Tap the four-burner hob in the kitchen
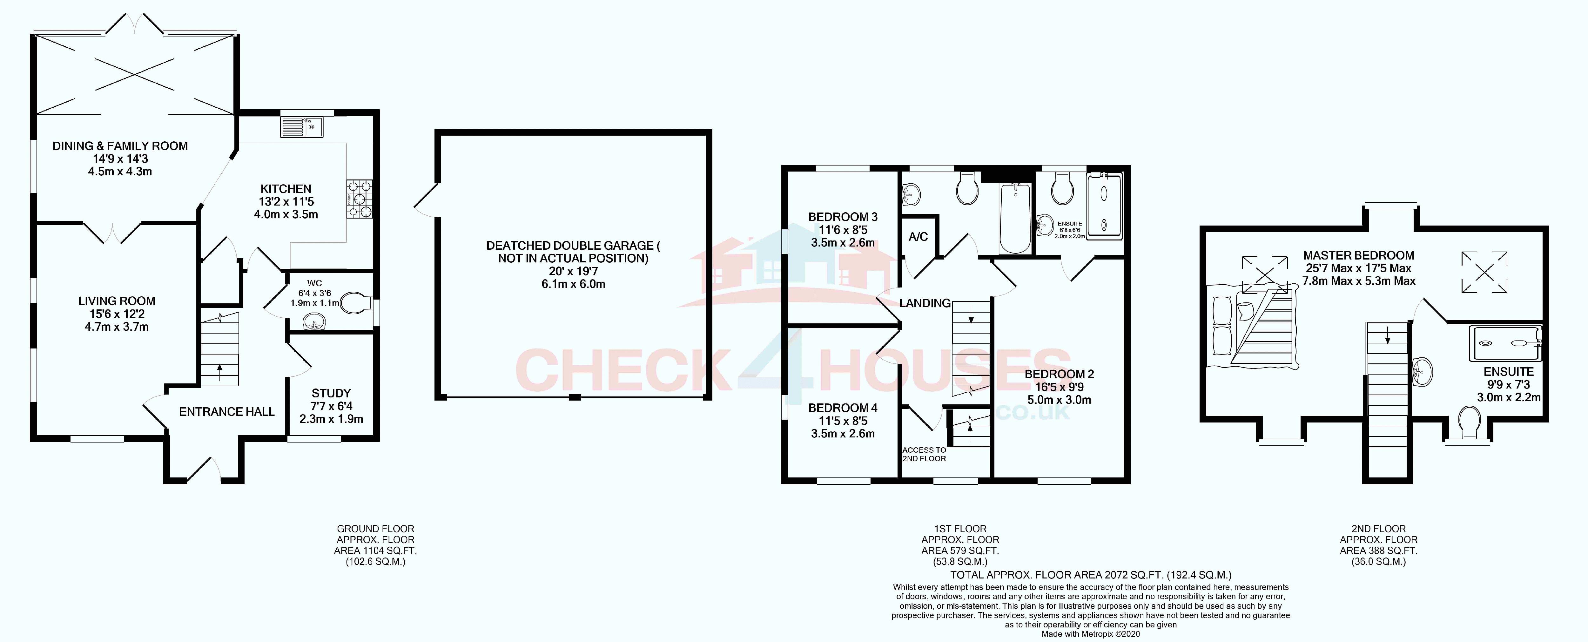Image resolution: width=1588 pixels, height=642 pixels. [x=360, y=199]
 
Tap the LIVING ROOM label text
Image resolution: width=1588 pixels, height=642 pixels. [x=117, y=301]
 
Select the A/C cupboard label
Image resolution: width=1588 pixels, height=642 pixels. [x=918, y=237]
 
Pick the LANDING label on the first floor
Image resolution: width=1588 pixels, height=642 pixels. [x=925, y=303]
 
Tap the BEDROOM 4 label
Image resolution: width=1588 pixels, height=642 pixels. [x=843, y=408]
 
